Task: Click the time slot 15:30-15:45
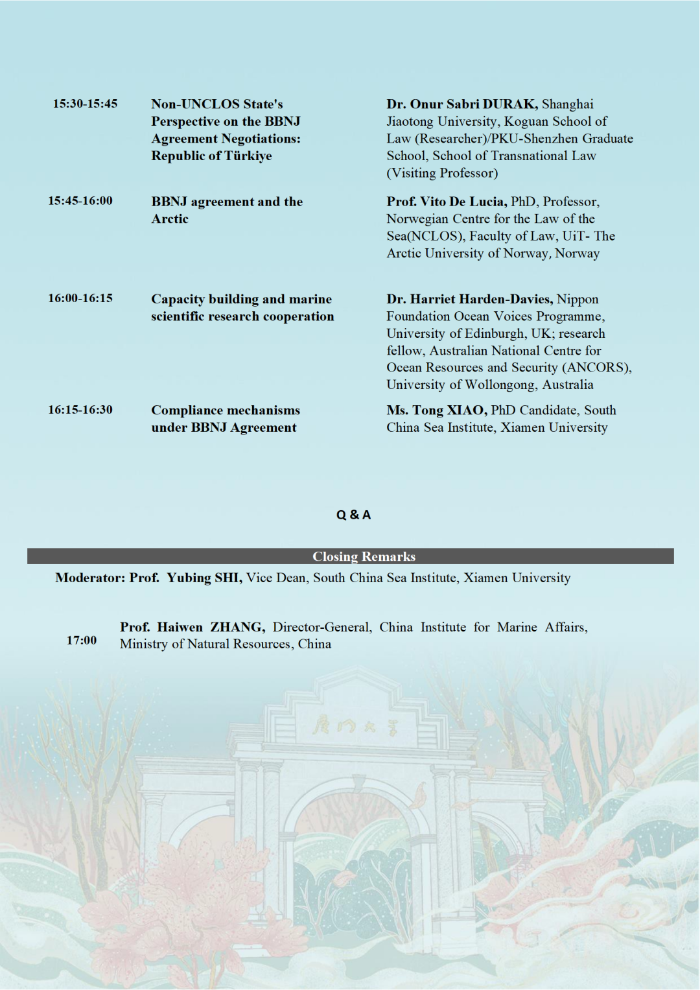(x=85, y=104)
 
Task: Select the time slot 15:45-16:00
(x=80, y=201)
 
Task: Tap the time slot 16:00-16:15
(x=80, y=298)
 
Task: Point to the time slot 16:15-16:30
(x=80, y=410)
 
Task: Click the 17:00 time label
(x=82, y=641)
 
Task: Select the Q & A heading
(x=353, y=515)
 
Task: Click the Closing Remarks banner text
(x=364, y=556)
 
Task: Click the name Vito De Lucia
(x=463, y=202)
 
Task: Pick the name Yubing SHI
(x=204, y=578)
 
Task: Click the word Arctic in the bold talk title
(x=170, y=219)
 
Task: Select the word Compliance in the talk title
(x=188, y=410)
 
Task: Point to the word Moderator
(x=90, y=578)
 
